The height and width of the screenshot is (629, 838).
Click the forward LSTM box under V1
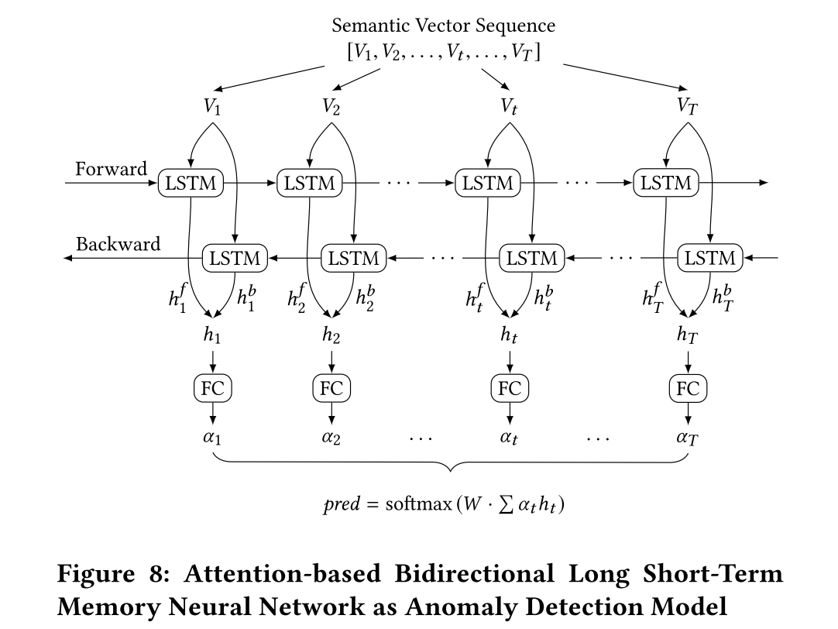click(191, 184)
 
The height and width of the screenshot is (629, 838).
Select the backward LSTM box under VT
click(710, 259)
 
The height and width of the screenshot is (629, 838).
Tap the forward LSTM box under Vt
click(488, 184)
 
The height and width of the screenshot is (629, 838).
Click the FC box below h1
click(212, 388)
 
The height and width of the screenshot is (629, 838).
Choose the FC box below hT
click(688, 388)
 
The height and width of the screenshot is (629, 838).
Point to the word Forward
click(111, 169)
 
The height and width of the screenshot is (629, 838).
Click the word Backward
click(118, 244)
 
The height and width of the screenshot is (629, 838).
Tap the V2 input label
click(331, 107)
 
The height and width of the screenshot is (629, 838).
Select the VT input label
click(687, 107)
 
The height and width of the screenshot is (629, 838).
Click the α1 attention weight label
click(212, 438)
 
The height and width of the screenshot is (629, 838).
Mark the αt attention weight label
click(509, 438)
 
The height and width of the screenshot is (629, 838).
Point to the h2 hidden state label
click(331, 336)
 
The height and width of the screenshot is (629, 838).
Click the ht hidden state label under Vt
click(509, 336)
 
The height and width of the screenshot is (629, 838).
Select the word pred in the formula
click(342, 505)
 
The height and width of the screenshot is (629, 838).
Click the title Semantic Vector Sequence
click(444, 26)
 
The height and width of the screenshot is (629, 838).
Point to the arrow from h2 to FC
click(331, 361)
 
